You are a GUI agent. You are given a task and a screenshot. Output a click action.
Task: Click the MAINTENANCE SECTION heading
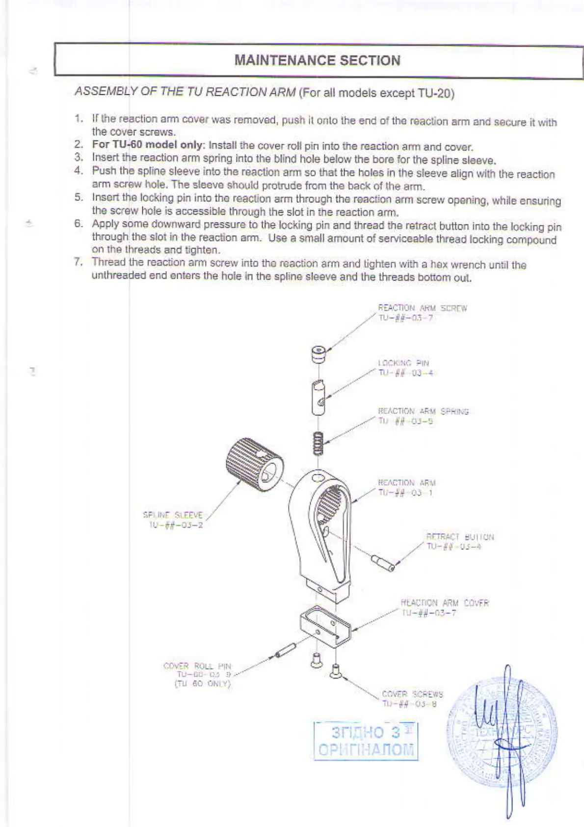point(318,60)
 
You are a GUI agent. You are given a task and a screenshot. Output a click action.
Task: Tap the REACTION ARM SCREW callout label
point(422,313)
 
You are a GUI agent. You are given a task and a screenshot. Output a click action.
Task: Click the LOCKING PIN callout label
point(405,368)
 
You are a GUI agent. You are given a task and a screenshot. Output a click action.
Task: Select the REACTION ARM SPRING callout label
point(423,416)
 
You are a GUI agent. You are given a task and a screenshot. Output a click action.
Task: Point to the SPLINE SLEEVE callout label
point(173,520)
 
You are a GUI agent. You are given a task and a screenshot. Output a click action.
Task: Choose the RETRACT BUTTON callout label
point(460,542)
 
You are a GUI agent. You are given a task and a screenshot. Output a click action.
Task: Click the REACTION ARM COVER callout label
point(445,607)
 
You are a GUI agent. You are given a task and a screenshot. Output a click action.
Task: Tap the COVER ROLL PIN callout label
point(198,675)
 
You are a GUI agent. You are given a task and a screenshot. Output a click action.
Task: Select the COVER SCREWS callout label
point(412,699)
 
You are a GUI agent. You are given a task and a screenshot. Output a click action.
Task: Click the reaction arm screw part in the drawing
point(319,354)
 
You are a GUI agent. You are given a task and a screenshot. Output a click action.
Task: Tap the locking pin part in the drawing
point(319,397)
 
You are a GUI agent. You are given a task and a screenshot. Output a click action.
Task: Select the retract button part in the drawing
point(383,563)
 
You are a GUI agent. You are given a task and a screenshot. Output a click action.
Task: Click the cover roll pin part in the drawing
point(285,650)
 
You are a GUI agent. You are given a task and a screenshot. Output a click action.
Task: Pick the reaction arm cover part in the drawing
point(325,626)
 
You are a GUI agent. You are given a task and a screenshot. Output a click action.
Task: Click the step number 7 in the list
point(79,262)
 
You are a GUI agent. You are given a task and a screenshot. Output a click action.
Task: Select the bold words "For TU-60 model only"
point(147,145)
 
